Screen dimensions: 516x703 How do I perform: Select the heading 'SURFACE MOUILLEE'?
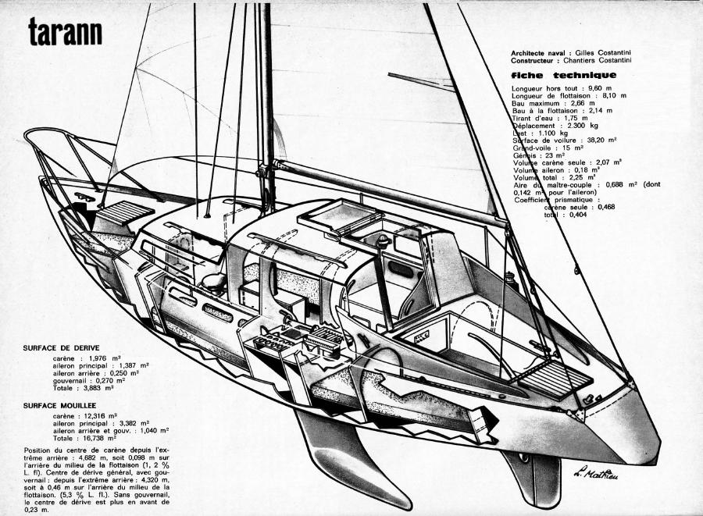63,407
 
